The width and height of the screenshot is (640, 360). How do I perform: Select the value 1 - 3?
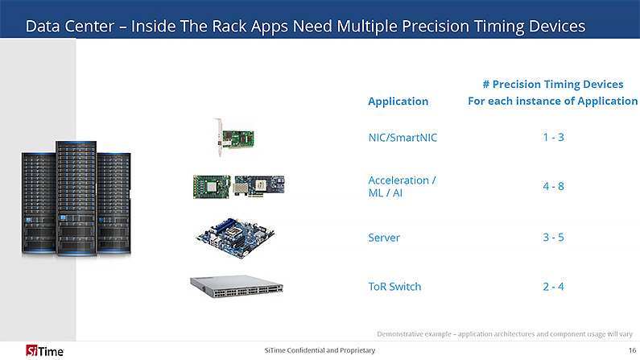click(x=553, y=137)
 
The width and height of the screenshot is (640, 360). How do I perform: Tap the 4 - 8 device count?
click(x=553, y=186)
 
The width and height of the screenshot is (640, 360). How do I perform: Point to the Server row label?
click(x=384, y=238)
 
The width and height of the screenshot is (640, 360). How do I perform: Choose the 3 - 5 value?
click(x=553, y=238)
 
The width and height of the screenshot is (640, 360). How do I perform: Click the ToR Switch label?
click(x=394, y=287)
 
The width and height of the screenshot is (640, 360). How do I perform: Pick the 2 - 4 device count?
click(x=553, y=287)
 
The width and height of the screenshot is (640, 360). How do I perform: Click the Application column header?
click(x=398, y=101)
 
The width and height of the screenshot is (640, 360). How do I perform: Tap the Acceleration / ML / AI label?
click(x=402, y=186)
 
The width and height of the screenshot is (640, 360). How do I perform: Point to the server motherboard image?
click(x=238, y=234)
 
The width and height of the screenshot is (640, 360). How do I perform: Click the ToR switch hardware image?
click(x=241, y=286)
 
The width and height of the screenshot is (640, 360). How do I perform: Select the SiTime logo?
click(x=35, y=350)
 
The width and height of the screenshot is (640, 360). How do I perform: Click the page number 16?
click(x=631, y=350)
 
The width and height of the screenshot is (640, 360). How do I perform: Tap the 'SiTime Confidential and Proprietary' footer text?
click(x=320, y=350)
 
